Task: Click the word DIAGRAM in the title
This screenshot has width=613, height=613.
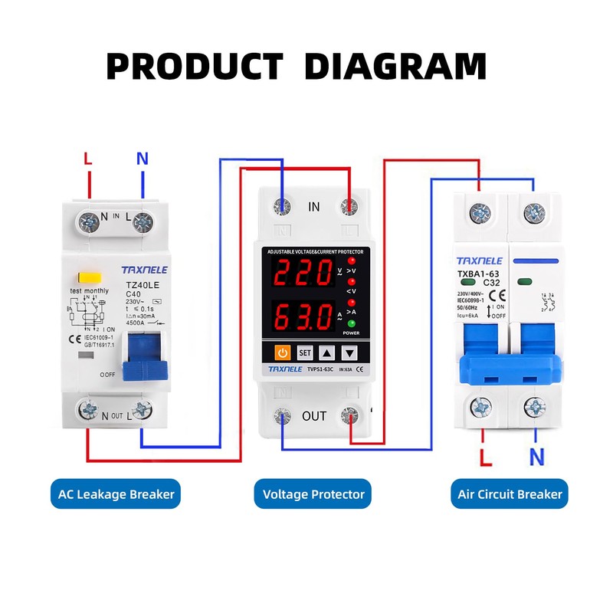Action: (395, 66)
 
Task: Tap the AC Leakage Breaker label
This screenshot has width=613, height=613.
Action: (116, 494)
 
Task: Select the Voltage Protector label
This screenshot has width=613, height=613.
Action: (313, 494)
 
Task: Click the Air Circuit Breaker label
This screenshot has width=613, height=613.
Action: (510, 494)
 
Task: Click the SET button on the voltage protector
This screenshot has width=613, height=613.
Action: (304, 353)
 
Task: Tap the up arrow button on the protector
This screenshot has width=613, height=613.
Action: (326, 353)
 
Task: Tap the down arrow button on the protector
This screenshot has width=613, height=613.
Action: (349, 353)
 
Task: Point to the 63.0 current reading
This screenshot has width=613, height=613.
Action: (300, 316)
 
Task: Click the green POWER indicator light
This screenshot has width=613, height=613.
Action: (352, 324)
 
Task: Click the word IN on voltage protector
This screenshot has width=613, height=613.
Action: (313, 207)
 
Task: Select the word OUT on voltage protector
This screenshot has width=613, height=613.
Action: (314, 416)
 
